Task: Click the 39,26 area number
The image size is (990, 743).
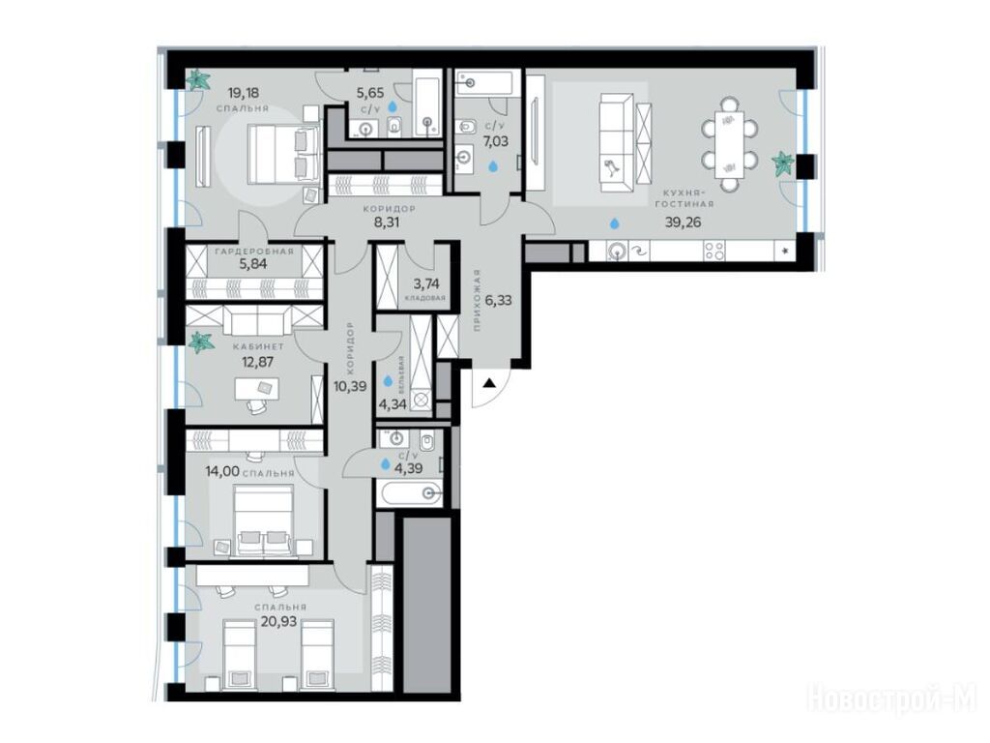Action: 684,222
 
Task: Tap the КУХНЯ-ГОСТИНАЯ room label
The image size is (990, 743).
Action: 684,198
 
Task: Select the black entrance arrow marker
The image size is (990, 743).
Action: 489,382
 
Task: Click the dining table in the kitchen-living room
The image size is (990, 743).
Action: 729,145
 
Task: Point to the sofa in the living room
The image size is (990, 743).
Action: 616,142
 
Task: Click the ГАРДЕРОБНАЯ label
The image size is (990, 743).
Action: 254,251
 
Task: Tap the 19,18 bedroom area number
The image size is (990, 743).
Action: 244,94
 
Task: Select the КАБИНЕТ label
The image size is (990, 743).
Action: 258,347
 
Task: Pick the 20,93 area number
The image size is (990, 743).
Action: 279,621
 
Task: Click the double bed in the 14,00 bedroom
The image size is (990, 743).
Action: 263,520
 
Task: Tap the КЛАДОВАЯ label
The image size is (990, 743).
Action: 425,298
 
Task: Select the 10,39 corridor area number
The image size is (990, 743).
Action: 350,386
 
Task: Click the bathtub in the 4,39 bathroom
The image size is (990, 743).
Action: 409,493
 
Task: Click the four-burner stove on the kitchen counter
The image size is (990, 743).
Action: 715,251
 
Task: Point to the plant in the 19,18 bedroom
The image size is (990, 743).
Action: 201,80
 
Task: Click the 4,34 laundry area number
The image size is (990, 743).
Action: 393,402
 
